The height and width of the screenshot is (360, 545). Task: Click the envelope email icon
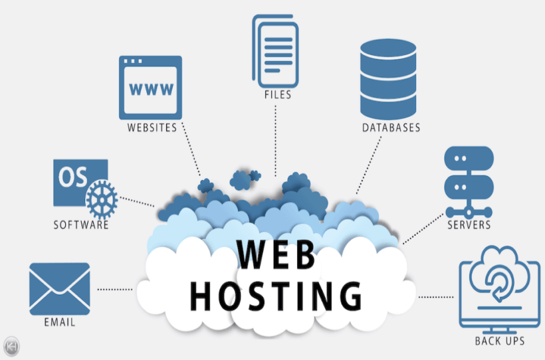pos(59,288)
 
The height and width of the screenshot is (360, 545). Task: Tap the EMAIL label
pos(59,323)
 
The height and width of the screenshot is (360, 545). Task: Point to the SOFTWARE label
pos(80,225)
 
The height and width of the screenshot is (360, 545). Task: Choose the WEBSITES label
pos(152,127)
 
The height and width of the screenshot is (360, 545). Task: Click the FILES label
pos(277,95)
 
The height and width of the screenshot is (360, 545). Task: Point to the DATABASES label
pos(391,128)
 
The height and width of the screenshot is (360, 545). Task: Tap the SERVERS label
pos(469,225)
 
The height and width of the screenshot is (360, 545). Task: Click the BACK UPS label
pos(499,341)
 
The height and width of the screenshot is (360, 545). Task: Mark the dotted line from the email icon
pos(114,289)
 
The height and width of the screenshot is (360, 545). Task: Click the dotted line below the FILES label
pos(276,139)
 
